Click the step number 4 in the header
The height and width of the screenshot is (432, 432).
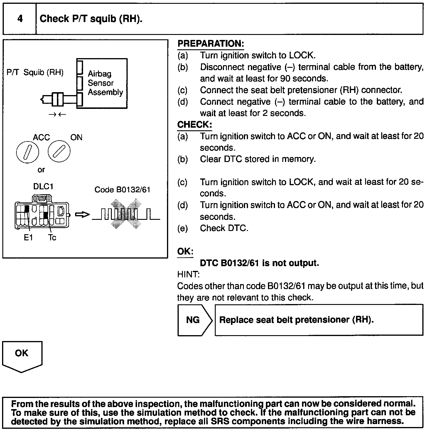pos(20,19)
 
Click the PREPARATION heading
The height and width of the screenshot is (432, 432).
pos(210,44)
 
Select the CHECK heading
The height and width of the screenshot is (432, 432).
pos(194,125)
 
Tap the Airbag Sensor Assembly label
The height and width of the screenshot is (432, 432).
pos(105,83)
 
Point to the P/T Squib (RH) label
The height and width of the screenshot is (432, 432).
pos(35,72)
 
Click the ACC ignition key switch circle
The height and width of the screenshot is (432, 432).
pos(28,151)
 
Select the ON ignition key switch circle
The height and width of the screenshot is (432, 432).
pos(59,151)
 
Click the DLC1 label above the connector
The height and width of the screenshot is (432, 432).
pos(43,187)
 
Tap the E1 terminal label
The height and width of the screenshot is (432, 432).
pos(28,237)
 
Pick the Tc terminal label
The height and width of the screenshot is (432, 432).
pos(52,237)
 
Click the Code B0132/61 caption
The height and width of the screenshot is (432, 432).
pos(122,190)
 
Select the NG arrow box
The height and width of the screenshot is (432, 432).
pos(194,320)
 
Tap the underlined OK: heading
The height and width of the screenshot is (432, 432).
pos(185,252)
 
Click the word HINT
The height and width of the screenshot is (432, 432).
pos(188,274)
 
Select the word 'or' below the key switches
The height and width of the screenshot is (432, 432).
pos(41,170)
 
